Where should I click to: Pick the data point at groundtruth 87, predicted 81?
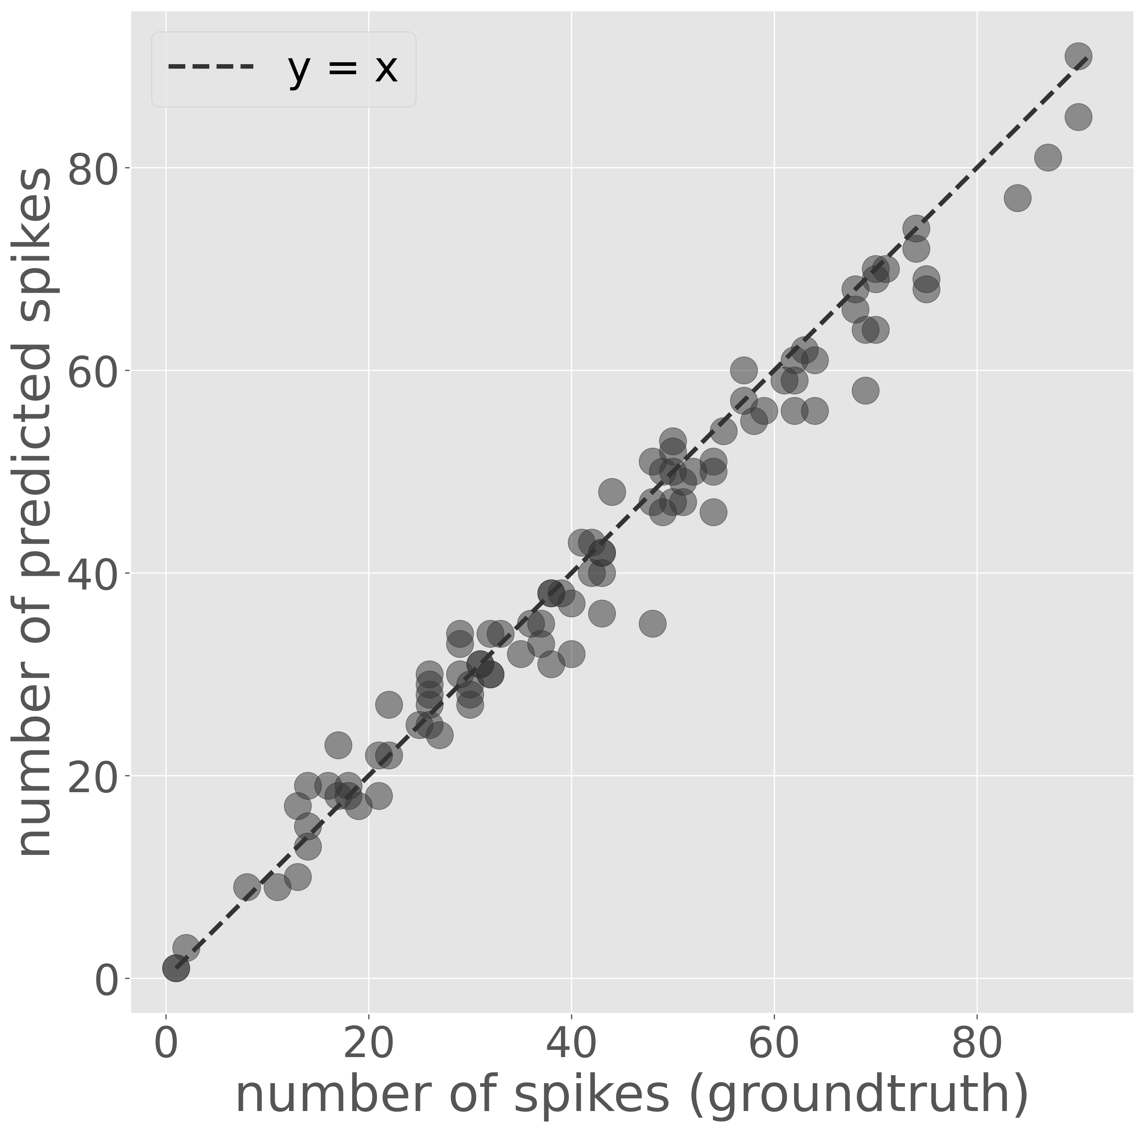click(x=1048, y=157)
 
